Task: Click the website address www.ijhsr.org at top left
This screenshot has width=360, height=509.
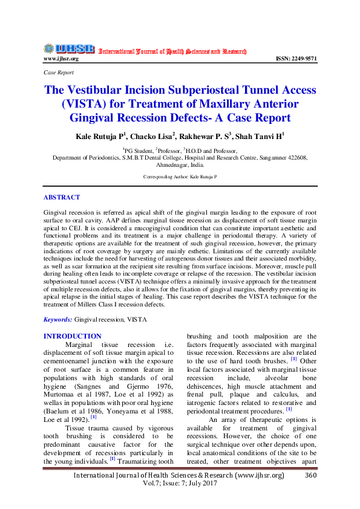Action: (x=61, y=59)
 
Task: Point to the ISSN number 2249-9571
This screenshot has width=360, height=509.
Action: (x=296, y=59)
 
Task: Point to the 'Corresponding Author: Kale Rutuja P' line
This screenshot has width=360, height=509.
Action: (x=179, y=177)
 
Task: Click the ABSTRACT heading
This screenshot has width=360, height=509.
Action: (x=61, y=197)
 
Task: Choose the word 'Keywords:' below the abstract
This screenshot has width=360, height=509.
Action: (x=58, y=319)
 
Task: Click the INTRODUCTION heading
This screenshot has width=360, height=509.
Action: (x=73, y=336)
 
